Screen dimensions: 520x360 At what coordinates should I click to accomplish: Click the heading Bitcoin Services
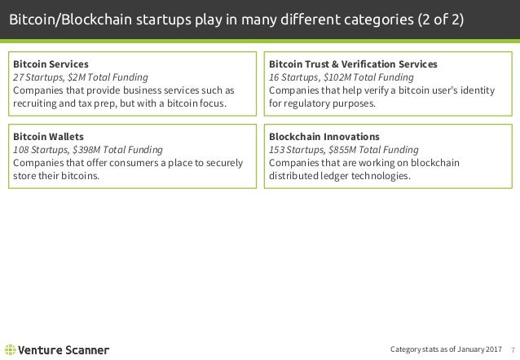tap(47, 63)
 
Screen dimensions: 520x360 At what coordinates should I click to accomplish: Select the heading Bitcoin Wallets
tap(45, 137)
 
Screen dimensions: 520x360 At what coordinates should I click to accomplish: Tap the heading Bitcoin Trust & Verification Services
tap(352, 63)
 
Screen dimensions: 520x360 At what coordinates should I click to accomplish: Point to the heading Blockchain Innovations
tap(323, 137)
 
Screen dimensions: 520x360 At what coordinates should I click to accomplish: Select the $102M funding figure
tap(340, 77)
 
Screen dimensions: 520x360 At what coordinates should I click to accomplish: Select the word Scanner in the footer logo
tap(86, 350)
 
